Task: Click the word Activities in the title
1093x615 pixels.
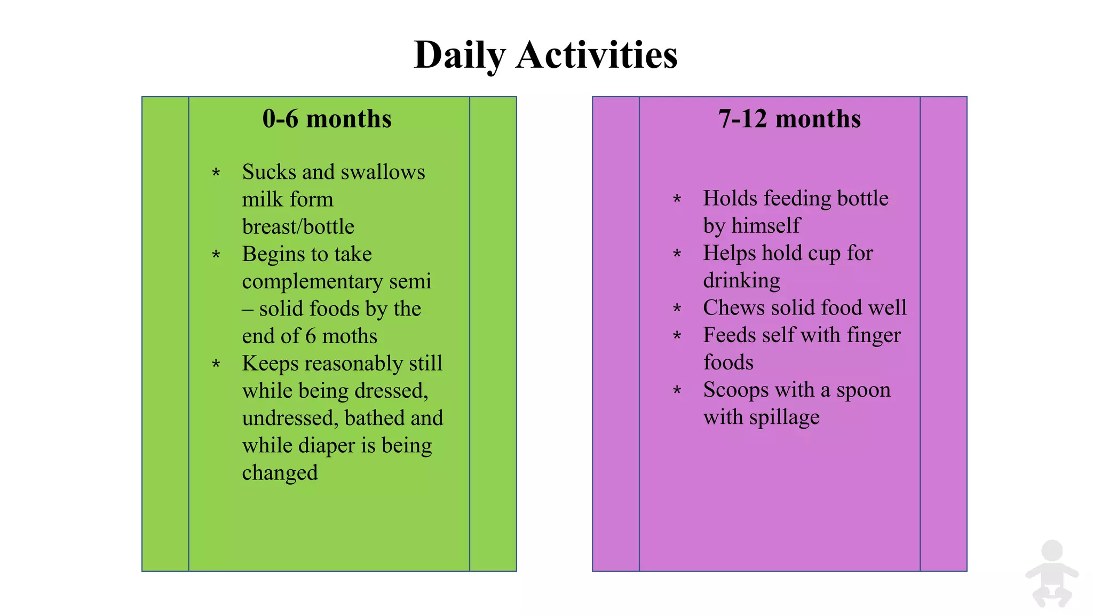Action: click(597, 54)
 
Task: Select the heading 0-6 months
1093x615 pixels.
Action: click(327, 119)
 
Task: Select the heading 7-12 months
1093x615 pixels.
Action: click(789, 119)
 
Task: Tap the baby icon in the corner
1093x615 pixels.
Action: click(1051, 574)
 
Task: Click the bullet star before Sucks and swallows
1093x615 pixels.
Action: click(216, 173)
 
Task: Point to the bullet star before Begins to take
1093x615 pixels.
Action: click(216, 255)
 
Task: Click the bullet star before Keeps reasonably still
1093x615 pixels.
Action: click(216, 365)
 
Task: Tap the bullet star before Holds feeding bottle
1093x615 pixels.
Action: click(677, 200)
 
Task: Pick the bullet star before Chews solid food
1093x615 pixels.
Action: click(677, 309)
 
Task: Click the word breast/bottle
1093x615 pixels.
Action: click(298, 227)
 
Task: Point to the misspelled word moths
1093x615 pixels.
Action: click(350, 336)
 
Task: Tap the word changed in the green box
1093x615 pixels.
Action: click(280, 473)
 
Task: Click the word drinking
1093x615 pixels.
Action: click(741, 280)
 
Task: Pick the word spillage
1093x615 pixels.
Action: click(784, 417)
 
